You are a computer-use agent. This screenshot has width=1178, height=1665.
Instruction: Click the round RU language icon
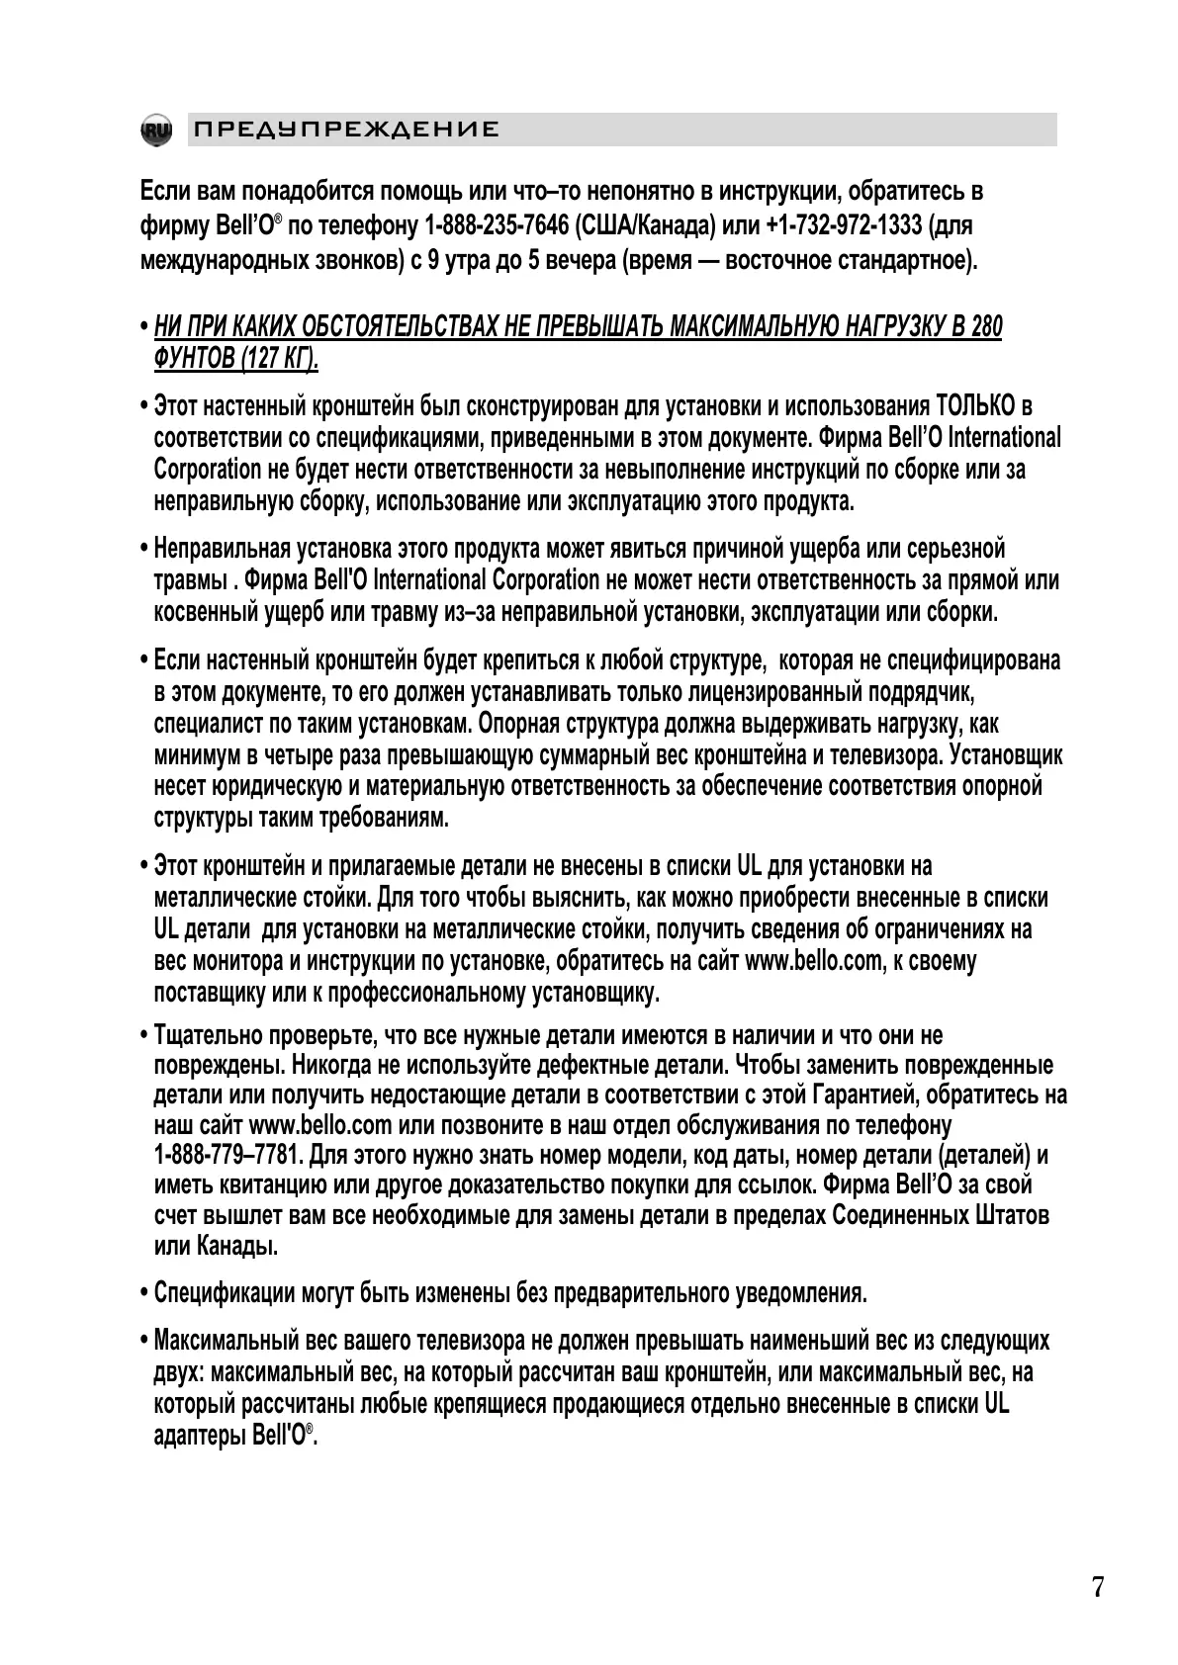156,131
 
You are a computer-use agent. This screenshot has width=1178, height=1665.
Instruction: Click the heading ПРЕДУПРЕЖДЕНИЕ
346,131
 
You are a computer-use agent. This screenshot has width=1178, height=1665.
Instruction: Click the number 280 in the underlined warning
986,327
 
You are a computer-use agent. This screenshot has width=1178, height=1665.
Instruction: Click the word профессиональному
426,992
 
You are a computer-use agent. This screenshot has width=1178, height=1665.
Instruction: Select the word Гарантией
861,1095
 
